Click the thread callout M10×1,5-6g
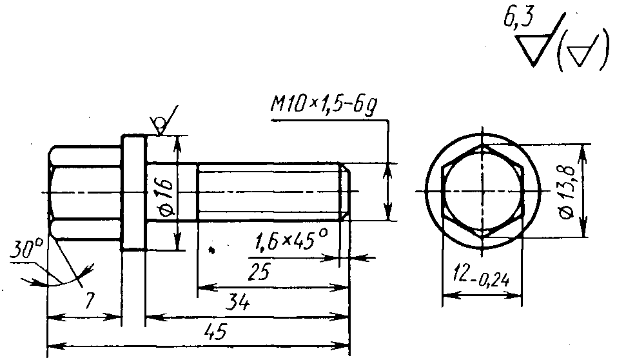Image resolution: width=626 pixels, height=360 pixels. pos(324,105)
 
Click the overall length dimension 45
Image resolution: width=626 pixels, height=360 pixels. pos(215,331)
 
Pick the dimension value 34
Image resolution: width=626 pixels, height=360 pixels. pos(238,303)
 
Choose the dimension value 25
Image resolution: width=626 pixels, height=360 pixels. pos(259,272)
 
